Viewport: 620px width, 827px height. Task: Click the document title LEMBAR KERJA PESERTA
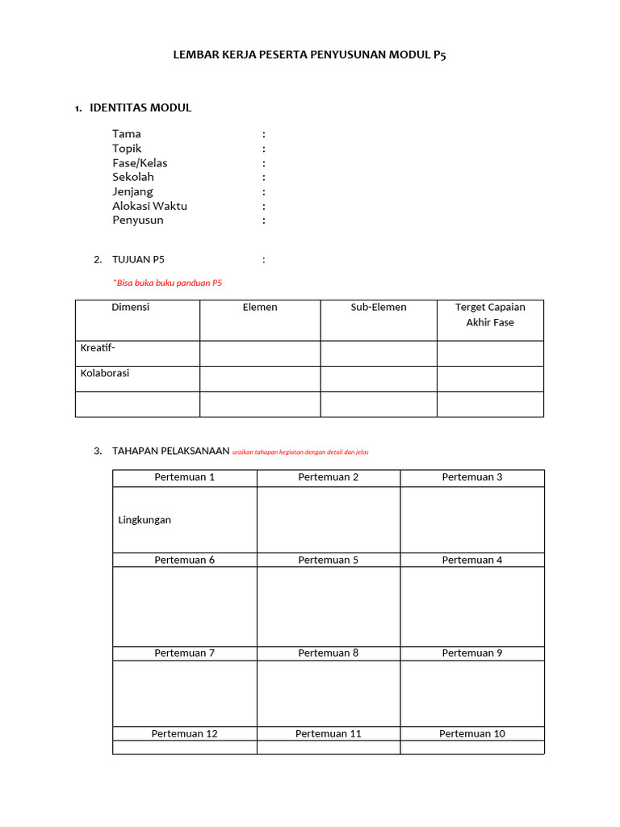coord(309,55)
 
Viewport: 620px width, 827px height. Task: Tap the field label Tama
coord(127,134)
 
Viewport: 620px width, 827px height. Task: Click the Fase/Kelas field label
coord(140,163)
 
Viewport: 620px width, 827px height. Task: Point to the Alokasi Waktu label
coord(149,206)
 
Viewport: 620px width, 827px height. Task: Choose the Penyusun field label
coord(138,220)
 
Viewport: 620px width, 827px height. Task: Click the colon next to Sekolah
coord(263,177)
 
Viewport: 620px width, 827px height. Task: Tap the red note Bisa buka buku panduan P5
coord(168,283)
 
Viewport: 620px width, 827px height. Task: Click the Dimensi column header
coord(130,308)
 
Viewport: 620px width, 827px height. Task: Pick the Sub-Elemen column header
coord(378,308)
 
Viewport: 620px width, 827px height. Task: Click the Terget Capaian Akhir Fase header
coord(489,315)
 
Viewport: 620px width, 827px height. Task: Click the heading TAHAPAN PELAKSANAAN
coord(171,451)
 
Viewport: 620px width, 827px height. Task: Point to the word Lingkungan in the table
coord(145,520)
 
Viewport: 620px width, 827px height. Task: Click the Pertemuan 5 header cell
coord(328,560)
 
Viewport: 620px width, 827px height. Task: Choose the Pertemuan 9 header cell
coord(471,653)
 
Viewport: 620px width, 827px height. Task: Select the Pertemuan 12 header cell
coord(184,733)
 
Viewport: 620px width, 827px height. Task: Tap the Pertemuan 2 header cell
coord(328,477)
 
